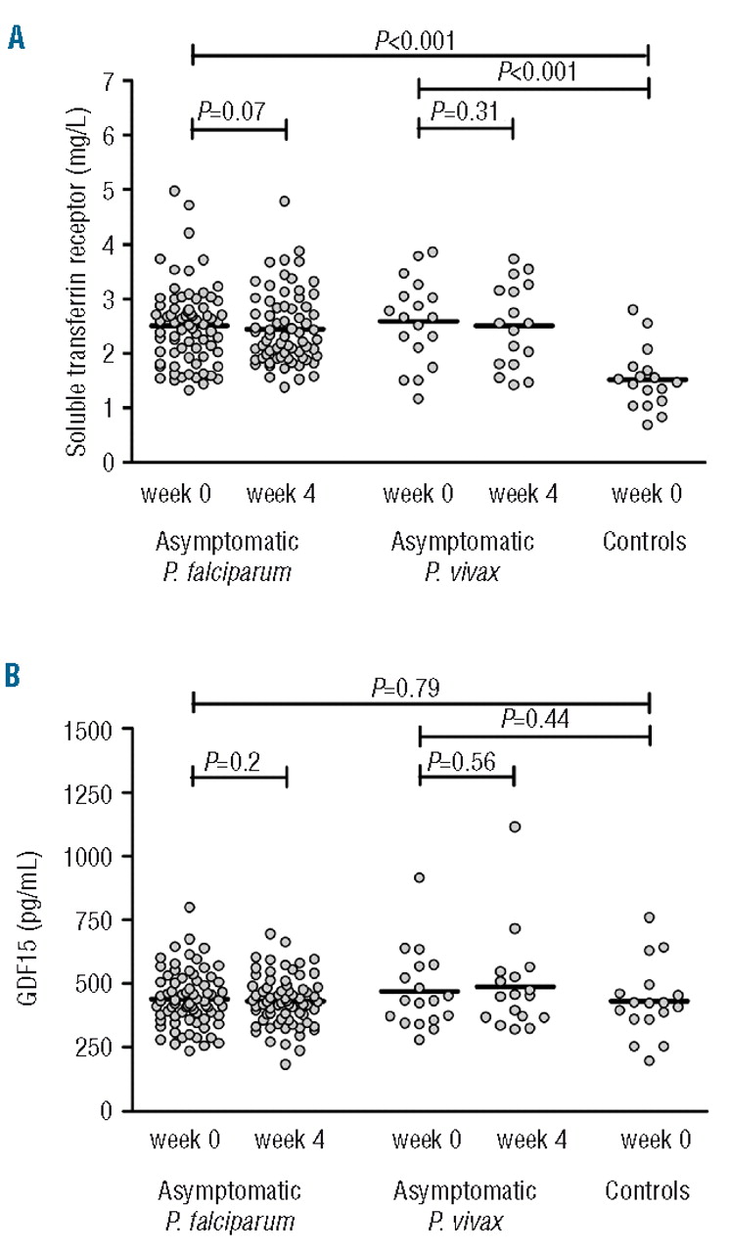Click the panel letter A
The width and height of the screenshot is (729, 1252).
[x=16, y=38]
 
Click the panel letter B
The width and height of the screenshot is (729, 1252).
[x=16, y=677]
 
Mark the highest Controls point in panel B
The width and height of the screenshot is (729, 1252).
[x=649, y=917]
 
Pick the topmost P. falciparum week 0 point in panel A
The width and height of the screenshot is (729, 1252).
[x=174, y=191]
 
